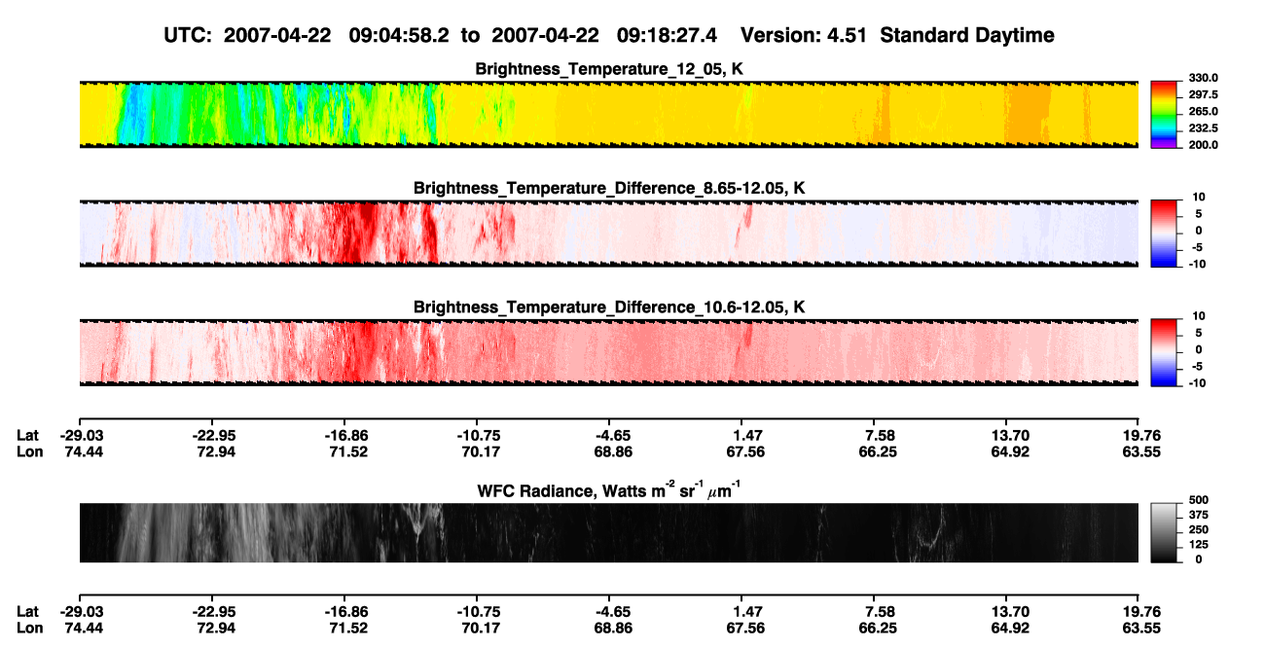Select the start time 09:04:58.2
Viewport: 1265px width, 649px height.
399,36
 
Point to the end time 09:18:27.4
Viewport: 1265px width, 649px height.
667,36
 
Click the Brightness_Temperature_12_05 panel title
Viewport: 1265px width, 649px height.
609,69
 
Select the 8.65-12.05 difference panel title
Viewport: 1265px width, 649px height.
609,188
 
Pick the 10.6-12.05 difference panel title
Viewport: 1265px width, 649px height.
609,307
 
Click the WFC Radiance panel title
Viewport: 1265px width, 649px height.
609,490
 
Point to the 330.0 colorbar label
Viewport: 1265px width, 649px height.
1203,78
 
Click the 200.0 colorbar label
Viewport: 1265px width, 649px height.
1203,145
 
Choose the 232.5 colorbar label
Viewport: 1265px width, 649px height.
1203,128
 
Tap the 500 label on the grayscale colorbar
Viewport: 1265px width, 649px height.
1198,500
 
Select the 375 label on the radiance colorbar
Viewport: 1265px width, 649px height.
1198,515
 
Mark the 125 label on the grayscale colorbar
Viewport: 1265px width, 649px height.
1198,545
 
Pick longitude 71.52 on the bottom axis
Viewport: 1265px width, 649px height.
348,629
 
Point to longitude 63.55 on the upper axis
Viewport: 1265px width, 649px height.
1141,451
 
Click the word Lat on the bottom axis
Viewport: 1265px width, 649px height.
27,612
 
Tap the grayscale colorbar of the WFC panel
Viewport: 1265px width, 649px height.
1164,532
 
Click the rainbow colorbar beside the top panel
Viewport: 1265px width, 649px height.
1164,115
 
